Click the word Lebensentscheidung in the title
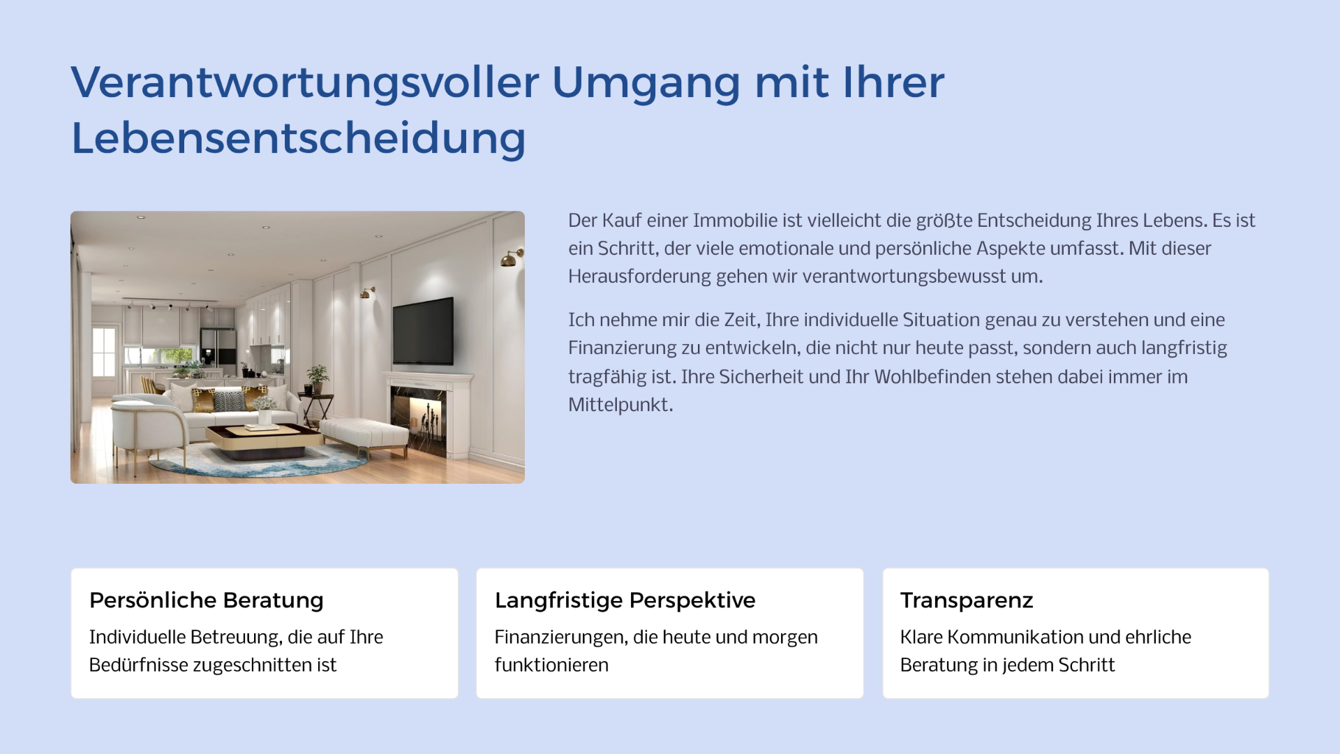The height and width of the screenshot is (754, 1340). pyautogui.click(x=298, y=138)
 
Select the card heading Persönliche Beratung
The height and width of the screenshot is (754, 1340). pyautogui.click(x=207, y=600)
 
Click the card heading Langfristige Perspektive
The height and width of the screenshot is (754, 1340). pyautogui.click(x=625, y=600)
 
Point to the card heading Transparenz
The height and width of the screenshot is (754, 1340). pyautogui.click(x=967, y=600)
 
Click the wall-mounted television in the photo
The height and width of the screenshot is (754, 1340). pyautogui.click(x=423, y=332)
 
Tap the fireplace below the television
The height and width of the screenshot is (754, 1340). pyautogui.click(x=428, y=415)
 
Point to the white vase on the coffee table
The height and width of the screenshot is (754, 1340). pyautogui.click(x=265, y=417)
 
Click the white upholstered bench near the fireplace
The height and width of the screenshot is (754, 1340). pyautogui.click(x=364, y=435)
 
